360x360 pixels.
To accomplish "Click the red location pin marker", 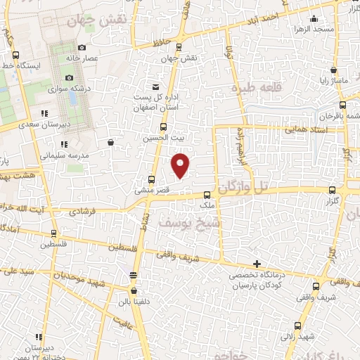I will [181, 165].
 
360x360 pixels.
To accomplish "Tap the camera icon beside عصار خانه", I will [83, 48].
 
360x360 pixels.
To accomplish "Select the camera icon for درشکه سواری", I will [69, 78].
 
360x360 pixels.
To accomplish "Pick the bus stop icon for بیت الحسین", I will [164, 127].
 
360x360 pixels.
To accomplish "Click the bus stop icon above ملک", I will [207, 195].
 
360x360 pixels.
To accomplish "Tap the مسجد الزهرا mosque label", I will [333, 29].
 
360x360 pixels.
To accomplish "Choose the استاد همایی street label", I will [304, 130].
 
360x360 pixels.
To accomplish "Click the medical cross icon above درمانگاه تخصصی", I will [257, 264].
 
